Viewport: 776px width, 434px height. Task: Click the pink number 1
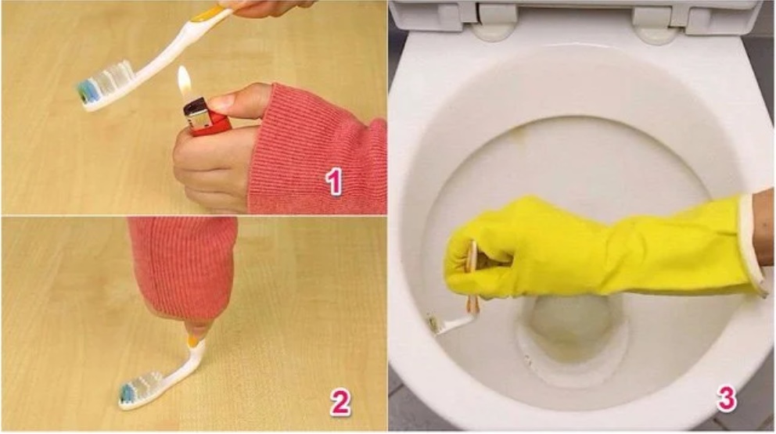pos(335,181)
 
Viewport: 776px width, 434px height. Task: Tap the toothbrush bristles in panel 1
pos(106,82)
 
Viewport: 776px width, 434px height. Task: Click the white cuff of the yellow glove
pos(751,244)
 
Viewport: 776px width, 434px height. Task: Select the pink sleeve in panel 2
pos(183,267)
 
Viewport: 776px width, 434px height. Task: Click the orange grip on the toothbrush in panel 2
pos(194,340)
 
